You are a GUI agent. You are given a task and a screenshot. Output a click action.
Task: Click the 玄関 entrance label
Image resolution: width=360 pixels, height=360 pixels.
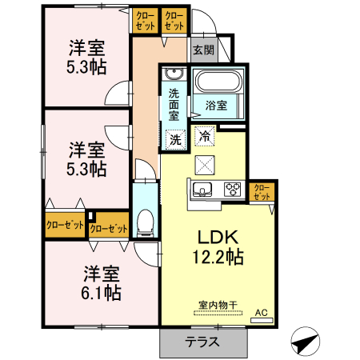[x=203, y=50]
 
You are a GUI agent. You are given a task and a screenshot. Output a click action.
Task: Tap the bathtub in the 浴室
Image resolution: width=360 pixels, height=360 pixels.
[x=218, y=82]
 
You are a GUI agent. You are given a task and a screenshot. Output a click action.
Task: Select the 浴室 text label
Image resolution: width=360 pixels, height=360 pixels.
[x=216, y=106]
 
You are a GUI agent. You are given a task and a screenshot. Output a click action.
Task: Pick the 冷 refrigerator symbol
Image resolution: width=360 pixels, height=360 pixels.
[x=205, y=136]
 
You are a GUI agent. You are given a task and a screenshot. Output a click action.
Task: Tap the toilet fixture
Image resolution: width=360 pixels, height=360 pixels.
[x=146, y=222]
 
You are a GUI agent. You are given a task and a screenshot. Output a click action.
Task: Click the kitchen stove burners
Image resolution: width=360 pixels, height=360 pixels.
[x=234, y=190]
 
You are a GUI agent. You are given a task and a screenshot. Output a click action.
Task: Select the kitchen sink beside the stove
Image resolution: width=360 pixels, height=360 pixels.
[x=202, y=190]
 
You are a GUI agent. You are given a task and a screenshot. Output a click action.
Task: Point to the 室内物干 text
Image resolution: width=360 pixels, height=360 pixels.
[x=218, y=306]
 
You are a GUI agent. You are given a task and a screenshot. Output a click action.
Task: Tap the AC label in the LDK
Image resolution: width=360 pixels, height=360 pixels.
[x=261, y=312]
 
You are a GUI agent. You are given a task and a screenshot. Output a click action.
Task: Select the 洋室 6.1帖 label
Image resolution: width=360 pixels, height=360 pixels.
[x=102, y=282]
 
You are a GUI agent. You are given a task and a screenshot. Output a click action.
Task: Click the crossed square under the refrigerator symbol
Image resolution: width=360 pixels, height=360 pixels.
[x=206, y=164]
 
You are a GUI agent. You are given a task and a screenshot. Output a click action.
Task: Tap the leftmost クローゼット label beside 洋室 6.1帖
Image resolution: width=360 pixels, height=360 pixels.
[x=65, y=226]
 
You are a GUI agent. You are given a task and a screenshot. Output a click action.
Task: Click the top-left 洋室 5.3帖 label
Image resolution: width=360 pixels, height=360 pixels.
[x=87, y=57]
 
